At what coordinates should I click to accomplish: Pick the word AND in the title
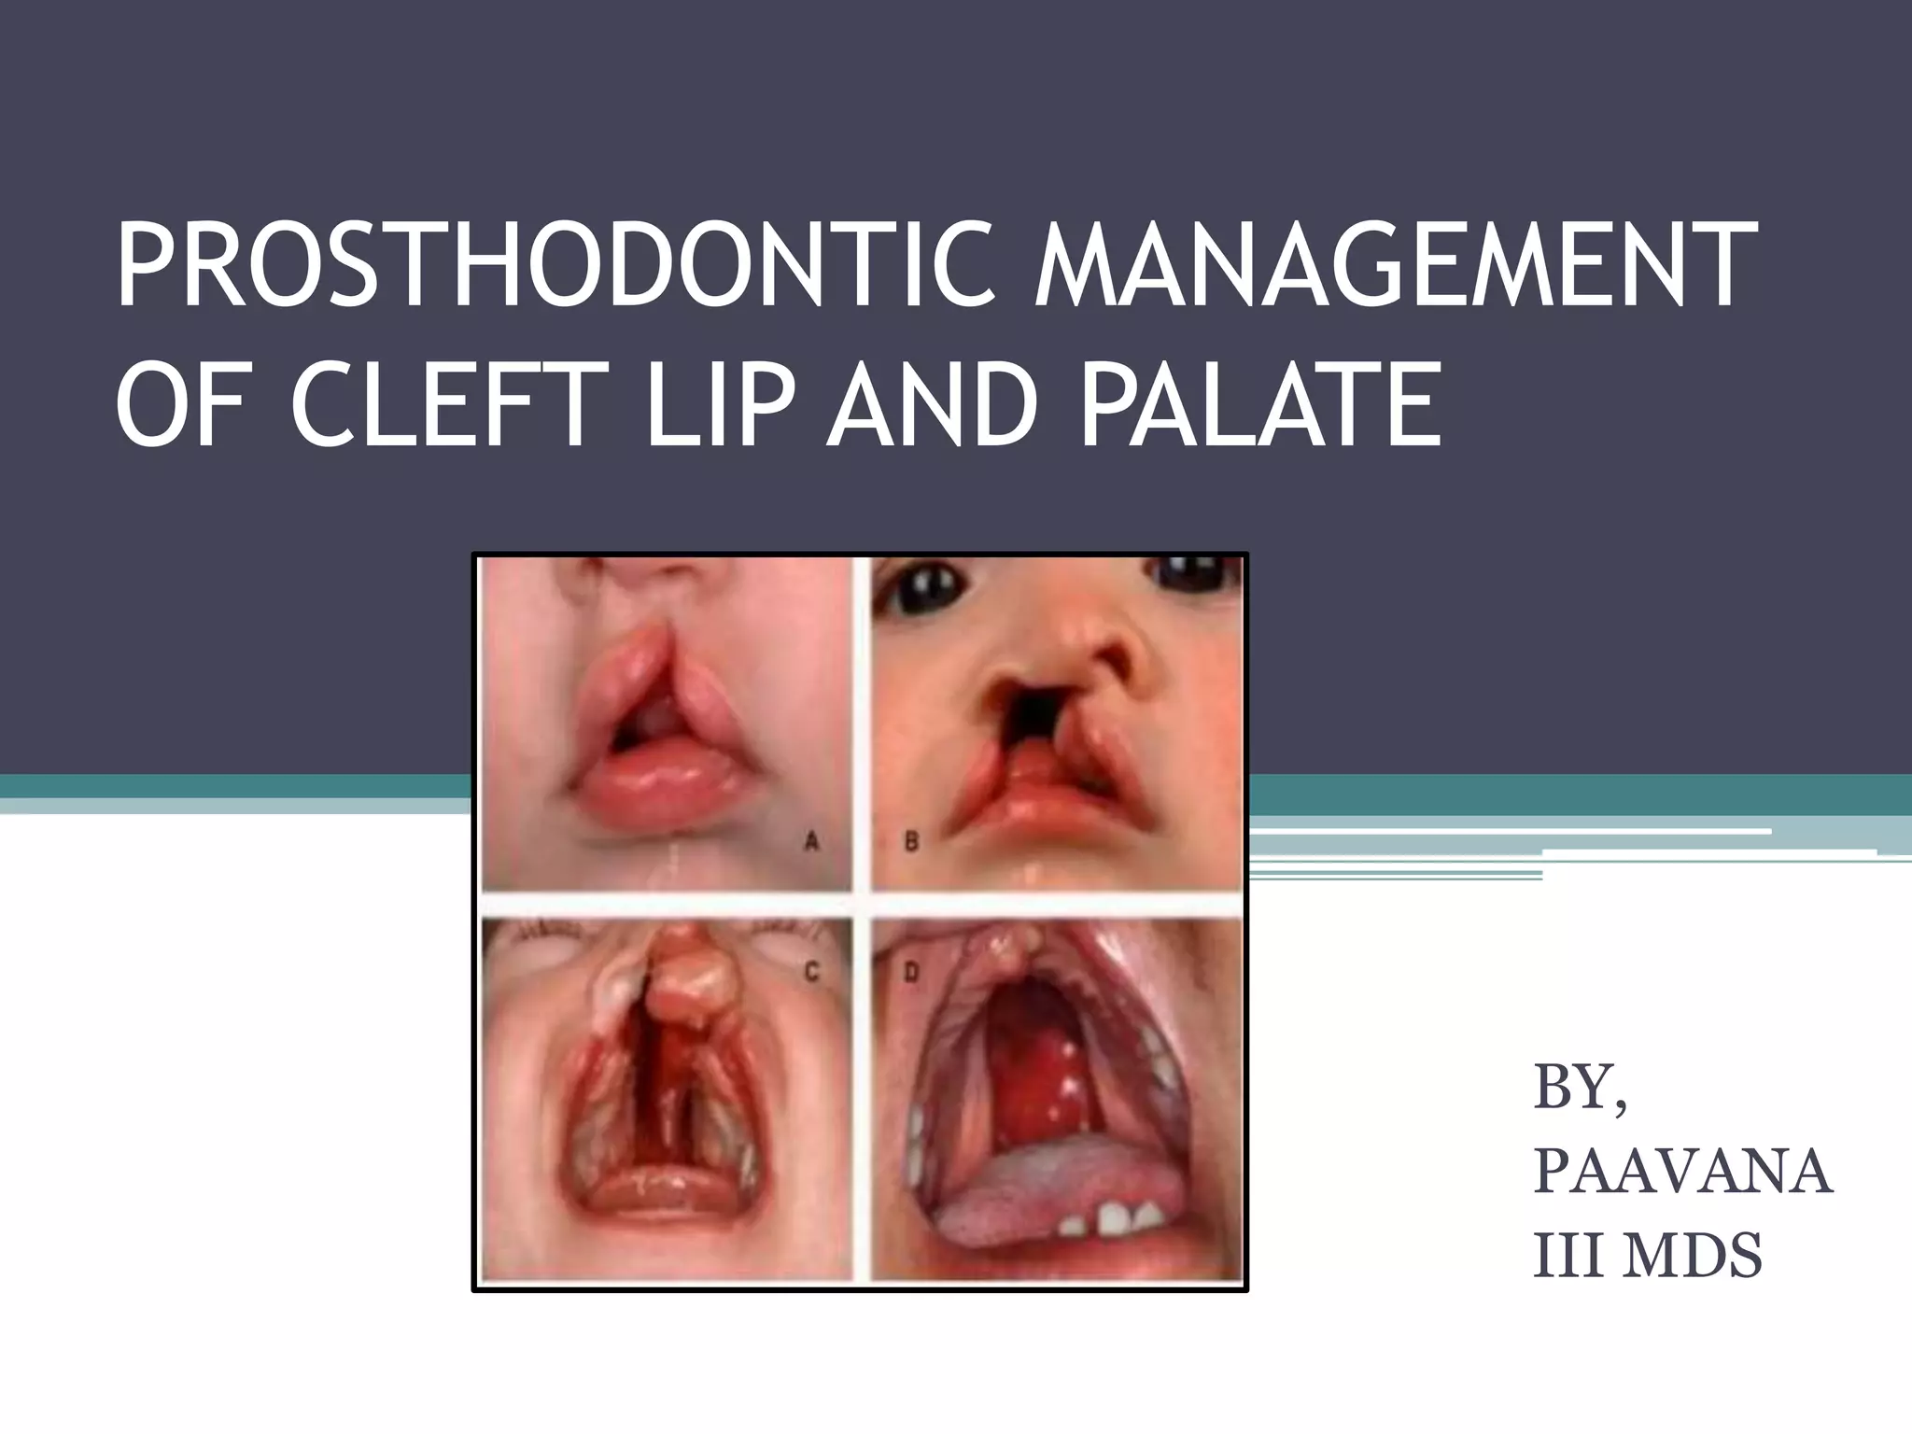pos(935,407)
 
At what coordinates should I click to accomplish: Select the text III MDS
pos(1648,1255)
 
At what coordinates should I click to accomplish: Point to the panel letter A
pos(811,842)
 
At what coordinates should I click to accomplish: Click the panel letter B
pos(911,842)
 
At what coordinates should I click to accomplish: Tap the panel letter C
pos(811,974)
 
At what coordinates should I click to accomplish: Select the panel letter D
pos(911,974)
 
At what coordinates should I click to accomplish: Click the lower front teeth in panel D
pos(1130,1216)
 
